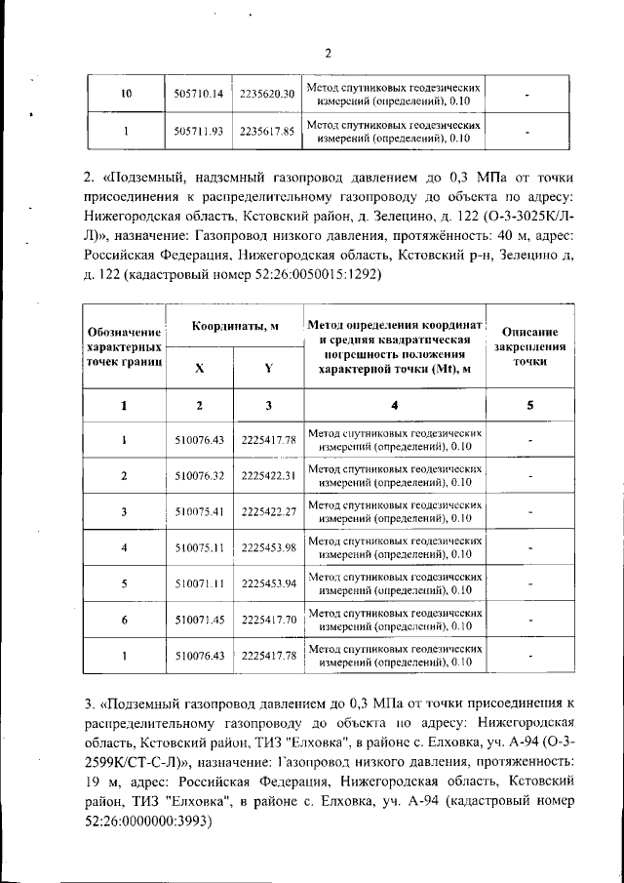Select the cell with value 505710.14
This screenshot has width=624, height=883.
[x=199, y=94]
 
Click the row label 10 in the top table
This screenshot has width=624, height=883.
[x=124, y=94]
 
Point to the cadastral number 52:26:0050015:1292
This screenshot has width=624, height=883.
[x=300, y=274]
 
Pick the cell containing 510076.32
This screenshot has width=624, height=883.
[x=199, y=475]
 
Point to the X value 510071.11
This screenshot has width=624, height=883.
[x=199, y=583]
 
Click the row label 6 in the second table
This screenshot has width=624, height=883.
[x=124, y=620]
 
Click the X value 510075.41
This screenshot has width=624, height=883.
[x=199, y=511]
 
